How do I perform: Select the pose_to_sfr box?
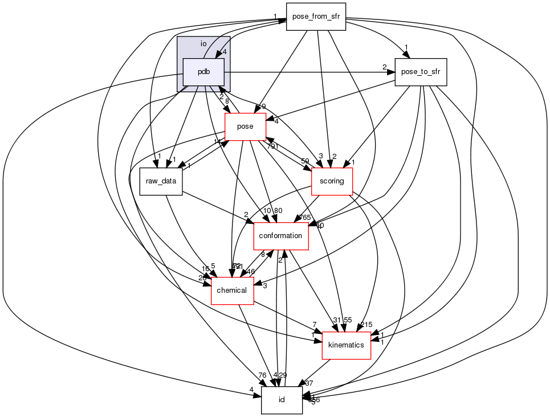pyautogui.click(x=421, y=72)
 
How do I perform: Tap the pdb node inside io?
pyautogui.click(x=203, y=72)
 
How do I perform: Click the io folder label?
pyautogui.click(x=203, y=44)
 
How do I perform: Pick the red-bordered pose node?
pyautogui.click(x=245, y=126)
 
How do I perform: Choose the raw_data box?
pyautogui.click(x=161, y=181)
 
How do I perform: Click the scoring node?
pyautogui.click(x=332, y=181)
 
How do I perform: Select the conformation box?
pyautogui.click(x=280, y=236)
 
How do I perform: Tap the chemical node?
pyautogui.click(x=232, y=291)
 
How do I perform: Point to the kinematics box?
pyautogui.click(x=347, y=345)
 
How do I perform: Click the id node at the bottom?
pyautogui.click(x=282, y=400)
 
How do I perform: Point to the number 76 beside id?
pyautogui.click(x=262, y=375)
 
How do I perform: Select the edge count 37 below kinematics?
pyautogui.click(x=309, y=383)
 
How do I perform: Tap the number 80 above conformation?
pyautogui.click(x=278, y=211)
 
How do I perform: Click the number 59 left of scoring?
pyautogui.click(x=305, y=161)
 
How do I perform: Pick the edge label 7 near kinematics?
pyautogui.click(x=314, y=325)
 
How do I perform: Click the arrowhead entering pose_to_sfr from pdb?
pyautogui.click(x=392, y=72)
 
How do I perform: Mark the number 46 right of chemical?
pyautogui.click(x=251, y=272)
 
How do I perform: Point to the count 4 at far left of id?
pyautogui.click(x=251, y=390)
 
